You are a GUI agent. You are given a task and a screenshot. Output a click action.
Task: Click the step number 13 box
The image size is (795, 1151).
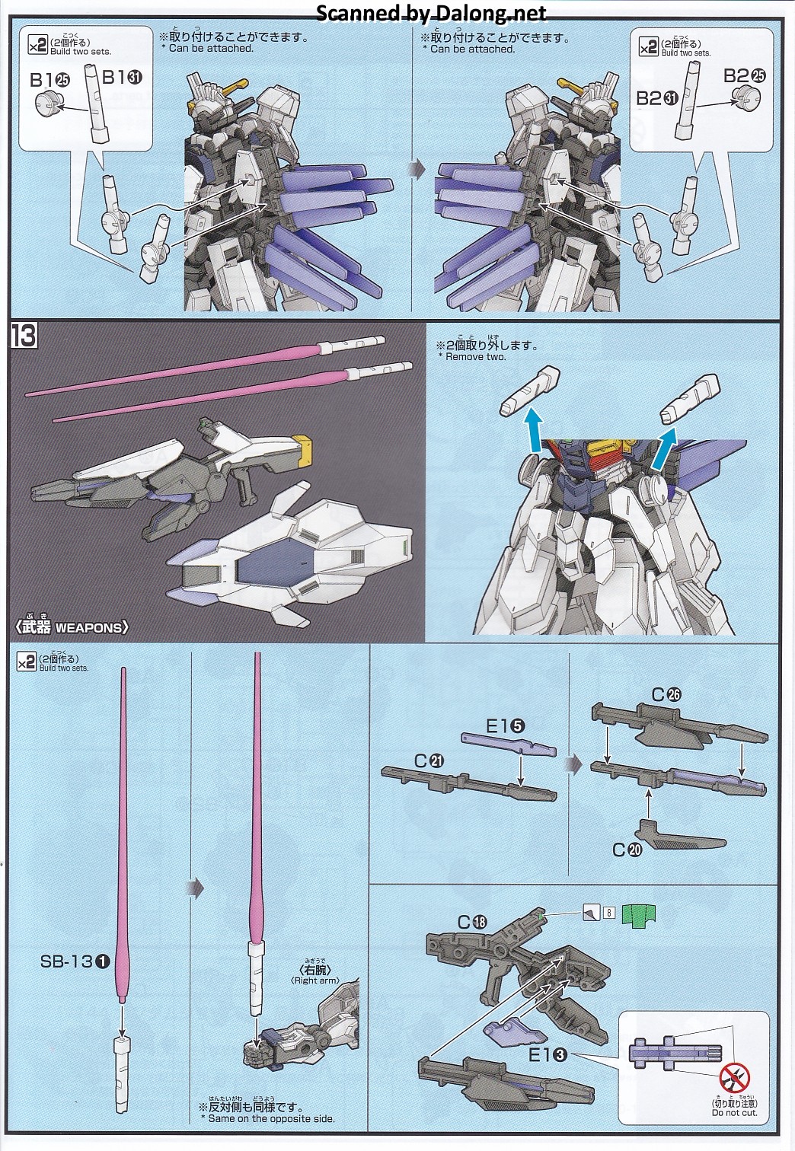(24, 336)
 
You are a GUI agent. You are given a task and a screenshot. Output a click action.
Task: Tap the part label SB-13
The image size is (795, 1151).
(75, 961)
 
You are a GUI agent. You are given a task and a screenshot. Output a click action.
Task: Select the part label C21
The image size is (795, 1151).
(429, 760)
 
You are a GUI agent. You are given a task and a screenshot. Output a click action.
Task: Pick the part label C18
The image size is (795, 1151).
(472, 921)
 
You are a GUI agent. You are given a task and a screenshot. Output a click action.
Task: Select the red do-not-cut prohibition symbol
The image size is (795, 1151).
(734, 1076)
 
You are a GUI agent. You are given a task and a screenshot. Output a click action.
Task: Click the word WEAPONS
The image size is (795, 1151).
(88, 627)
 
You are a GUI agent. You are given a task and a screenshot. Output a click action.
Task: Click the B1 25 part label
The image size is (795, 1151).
(49, 79)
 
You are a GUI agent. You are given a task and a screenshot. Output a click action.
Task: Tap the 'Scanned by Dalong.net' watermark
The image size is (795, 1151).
(431, 13)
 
